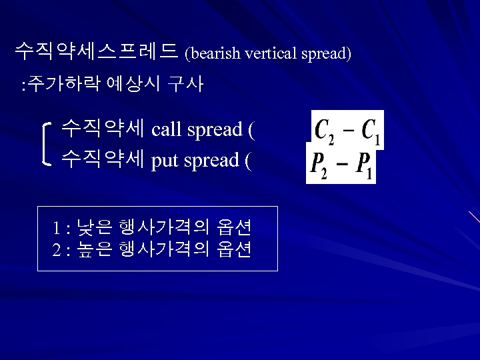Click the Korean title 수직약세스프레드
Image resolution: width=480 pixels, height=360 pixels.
pyautogui.click(x=96, y=51)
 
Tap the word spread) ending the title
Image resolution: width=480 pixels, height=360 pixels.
pyautogui.click(x=326, y=53)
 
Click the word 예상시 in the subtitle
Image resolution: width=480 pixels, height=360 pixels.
pyautogui.click(x=132, y=85)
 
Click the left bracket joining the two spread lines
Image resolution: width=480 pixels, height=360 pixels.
pyautogui.click(x=45, y=143)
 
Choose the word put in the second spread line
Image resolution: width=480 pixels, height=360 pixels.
pyautogui.click(x=164, y=161)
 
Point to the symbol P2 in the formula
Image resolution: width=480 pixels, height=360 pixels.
pyautogui.click(x=317, y=166)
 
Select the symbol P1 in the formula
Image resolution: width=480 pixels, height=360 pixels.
pyautogui.click(x=364, y=166)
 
